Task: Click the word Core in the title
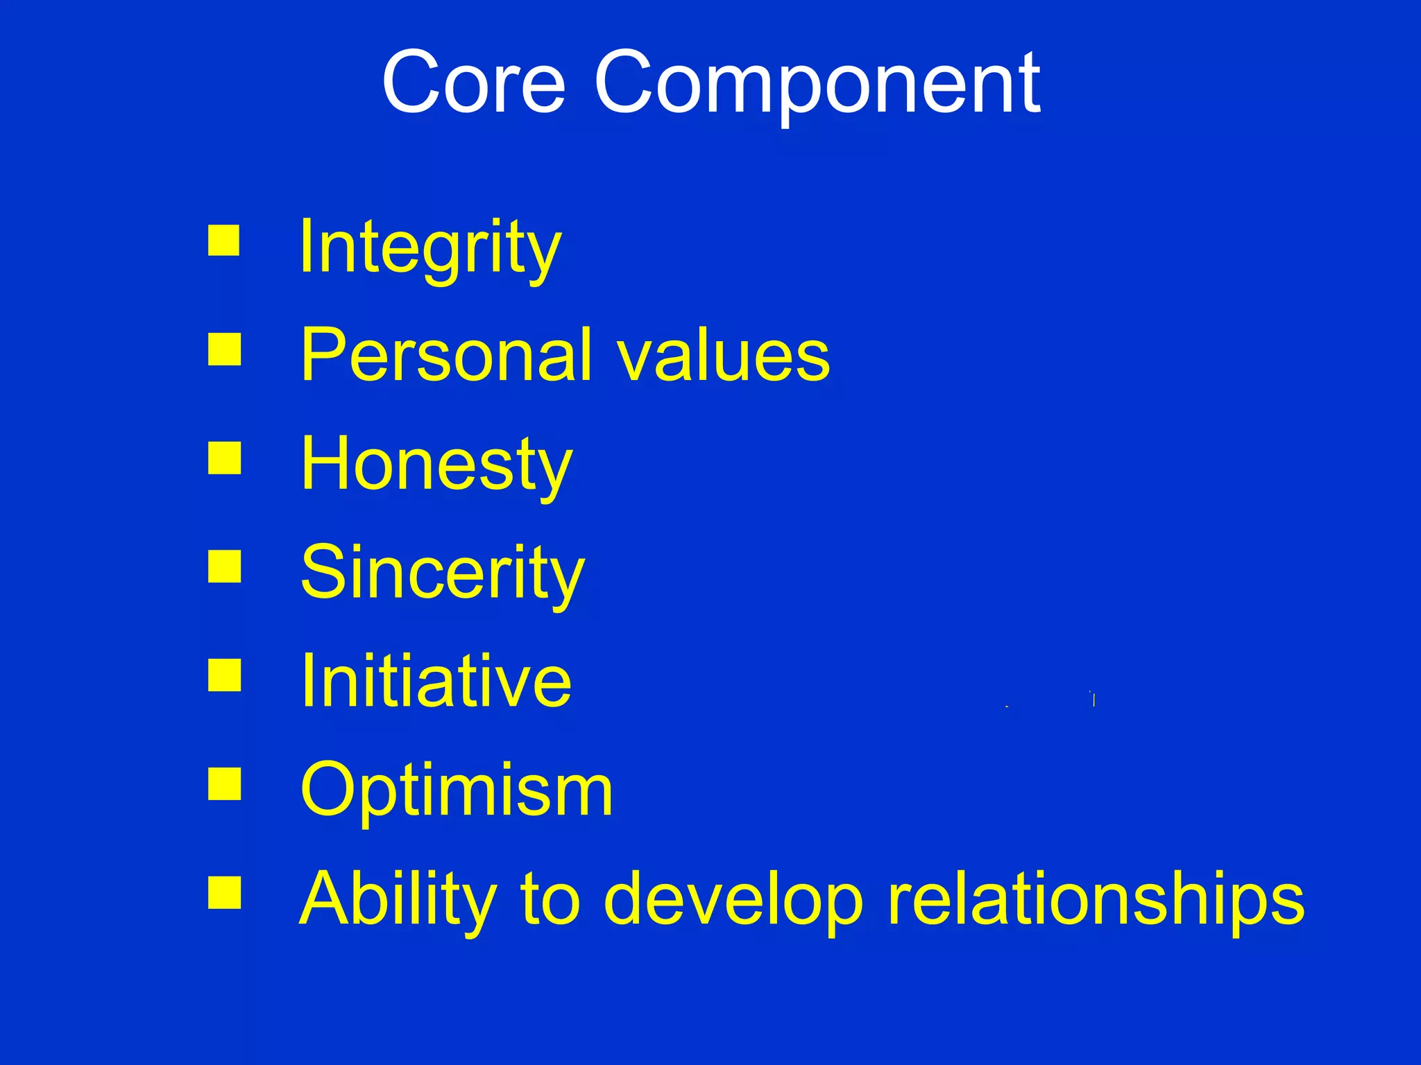(474, 83)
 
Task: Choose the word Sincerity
(442, 573)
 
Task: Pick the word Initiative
(436, 682)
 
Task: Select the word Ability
(398, 899)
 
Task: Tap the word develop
(734, 899)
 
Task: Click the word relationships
(1096, 899)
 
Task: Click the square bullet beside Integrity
(224, 241)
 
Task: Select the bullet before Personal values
(224, 349)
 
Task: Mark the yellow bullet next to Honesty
(224, 458)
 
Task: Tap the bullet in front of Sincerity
(224, 566)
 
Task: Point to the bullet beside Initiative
(224, 675)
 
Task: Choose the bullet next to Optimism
(224, 783)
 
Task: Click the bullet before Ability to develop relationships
(224, 892)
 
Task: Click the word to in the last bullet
(550, 899)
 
